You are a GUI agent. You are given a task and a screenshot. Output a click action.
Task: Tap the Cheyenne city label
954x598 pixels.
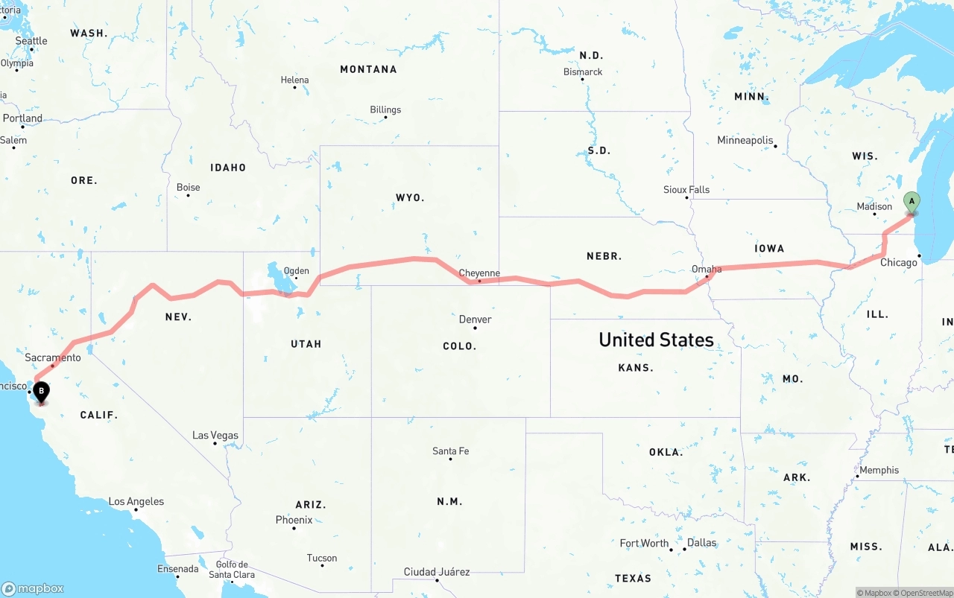(x=479, y=273)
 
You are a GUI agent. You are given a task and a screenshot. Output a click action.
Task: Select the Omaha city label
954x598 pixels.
(x=707, y=269)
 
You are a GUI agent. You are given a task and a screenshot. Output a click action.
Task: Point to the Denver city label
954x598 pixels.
(x=475, y=319)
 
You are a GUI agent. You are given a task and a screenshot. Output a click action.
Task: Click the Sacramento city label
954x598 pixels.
(x=53, y=357)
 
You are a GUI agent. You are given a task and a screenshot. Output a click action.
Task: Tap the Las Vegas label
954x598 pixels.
(x=215, y=435)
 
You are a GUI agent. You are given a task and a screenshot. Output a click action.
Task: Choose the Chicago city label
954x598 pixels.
(x=899, y=262)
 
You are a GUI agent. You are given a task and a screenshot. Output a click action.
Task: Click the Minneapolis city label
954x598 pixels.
(x=745, y=140)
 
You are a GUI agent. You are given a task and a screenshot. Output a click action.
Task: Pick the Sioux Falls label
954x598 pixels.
(x=686, y=190)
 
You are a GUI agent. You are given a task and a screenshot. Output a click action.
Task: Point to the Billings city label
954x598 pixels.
(x=385, y=109)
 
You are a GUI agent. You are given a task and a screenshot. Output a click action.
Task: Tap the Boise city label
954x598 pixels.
(x=189, y=187)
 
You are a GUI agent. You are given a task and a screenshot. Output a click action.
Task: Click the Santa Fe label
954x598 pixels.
(x=451, y=451)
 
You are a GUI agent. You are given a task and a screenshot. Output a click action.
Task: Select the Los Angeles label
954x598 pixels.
(x=136, y=501)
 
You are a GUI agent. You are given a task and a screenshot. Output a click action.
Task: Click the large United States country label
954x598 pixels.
(x=656, y=340)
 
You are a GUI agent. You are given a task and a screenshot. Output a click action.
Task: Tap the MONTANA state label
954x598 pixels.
(x=368, y=69)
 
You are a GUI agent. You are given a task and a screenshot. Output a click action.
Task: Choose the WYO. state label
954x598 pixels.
(x=410, y=197)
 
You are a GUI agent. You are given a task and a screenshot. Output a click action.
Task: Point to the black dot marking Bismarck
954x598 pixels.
(x=583, y=80)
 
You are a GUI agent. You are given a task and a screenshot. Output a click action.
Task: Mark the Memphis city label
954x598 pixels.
(x=879, y=470)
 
